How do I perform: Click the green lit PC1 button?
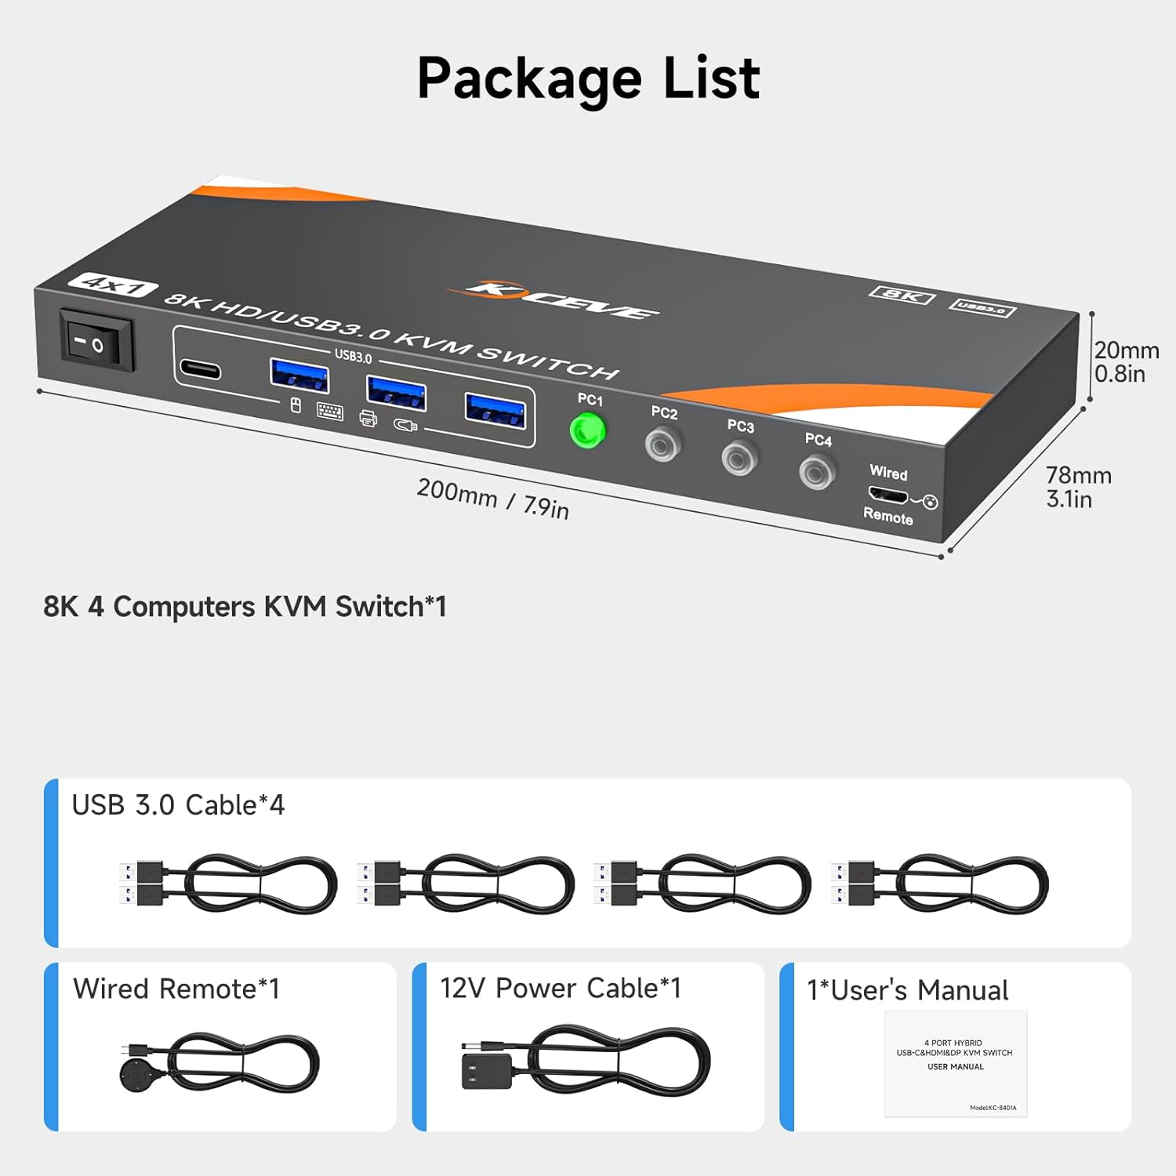pyautogui.click(x=587, y=430)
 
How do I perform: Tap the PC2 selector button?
pyautogui.click(x=662, y=446)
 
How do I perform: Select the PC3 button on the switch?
pyautogui.click(x=739, y=458)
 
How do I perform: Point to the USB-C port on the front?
pyautogui.click(x=200, y=368)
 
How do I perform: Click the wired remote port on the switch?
pyautogui.click(x=887, y=495)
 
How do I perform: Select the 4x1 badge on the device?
pyautogui.click(x=113, y=285)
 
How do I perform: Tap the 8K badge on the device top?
pyautogui.click(x=902, y=295)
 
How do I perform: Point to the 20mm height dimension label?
pyautogui.click(x=1126, y=361)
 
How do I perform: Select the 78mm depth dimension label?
pyautogui.click(x=1078, y=487)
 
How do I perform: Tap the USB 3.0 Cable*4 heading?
pyautogui.click(x=178, y=805)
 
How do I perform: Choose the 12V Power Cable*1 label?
pyautogui.click(x=560, y=988)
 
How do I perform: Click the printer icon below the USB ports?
pyautogui.click(x=368, y=419)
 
